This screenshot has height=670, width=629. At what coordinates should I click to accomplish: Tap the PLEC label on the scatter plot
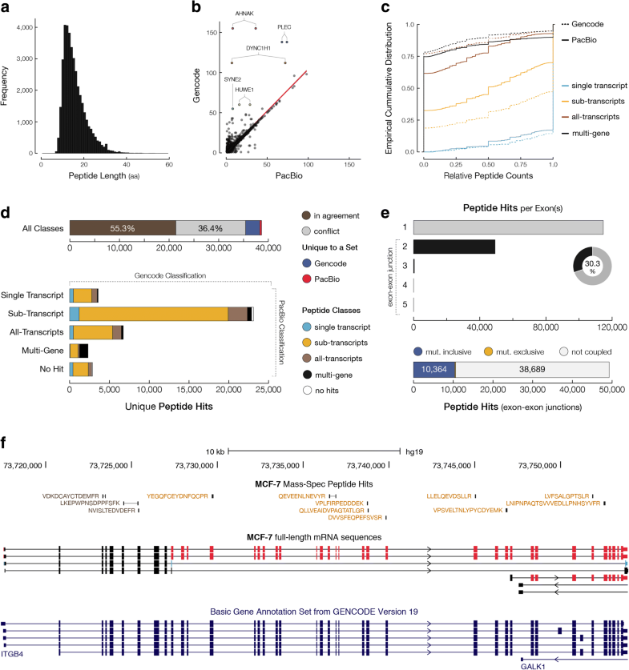[284, 26]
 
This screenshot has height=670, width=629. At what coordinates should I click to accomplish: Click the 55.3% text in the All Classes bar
[117, 228]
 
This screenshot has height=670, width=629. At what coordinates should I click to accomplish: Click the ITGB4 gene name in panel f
[13, 654]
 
